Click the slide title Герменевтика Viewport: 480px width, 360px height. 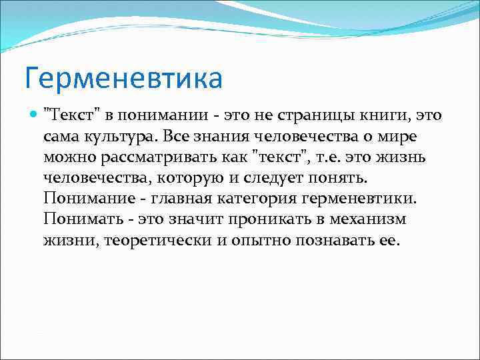[123, 77]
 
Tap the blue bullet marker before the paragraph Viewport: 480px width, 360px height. [33, 115]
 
